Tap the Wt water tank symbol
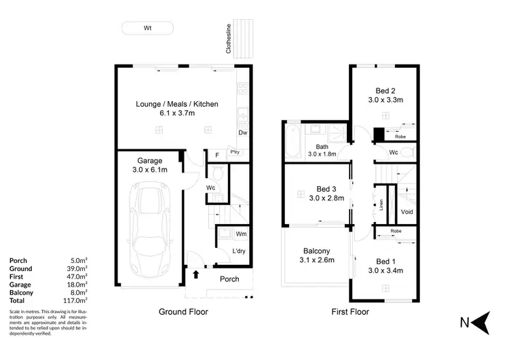[147, 29]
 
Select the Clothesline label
[229, 39]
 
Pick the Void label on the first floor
[407, 212]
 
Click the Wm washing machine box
[240, 234]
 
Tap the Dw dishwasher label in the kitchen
[242, 133]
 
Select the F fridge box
[216, 155]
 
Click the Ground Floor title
[183, 312]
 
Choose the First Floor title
[350, 312]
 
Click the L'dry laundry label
[240, 252]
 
